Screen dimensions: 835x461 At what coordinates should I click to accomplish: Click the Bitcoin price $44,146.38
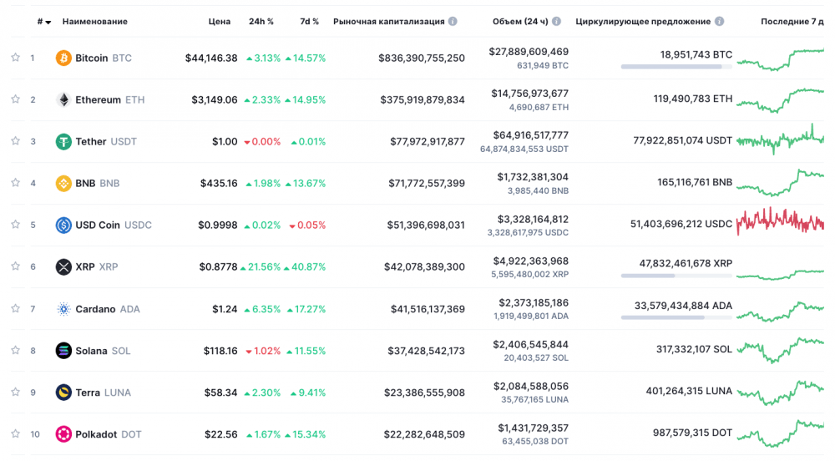click(211, 58)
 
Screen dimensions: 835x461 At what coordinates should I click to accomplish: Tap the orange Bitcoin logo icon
click(63, 58)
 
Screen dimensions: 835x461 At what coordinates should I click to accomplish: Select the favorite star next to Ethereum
click(15, 99)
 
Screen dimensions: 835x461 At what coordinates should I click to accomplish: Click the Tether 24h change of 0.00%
click(262, 142)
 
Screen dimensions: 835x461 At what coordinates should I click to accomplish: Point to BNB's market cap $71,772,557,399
click(427, 183)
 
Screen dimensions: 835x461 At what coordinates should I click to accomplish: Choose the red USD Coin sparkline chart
click(780, 221)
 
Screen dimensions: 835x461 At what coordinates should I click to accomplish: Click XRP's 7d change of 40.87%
click(305, 266)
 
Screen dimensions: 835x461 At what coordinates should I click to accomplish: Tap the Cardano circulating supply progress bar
click(676, 317)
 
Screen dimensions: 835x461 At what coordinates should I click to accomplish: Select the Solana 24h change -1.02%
click(262, 351)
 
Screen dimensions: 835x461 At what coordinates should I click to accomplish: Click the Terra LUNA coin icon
click(63, 393)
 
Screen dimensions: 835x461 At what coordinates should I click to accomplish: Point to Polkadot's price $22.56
click(221, 434)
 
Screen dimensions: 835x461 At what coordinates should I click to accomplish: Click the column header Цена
click(220, 21)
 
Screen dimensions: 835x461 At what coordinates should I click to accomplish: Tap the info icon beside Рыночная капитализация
click(453, 21)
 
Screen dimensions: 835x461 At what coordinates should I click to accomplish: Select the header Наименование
click(95, 21)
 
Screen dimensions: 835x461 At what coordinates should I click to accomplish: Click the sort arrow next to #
click(48, 23)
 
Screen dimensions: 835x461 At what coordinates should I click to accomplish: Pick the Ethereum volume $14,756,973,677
click(530, 94)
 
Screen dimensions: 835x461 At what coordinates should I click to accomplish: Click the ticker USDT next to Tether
click(124, 142)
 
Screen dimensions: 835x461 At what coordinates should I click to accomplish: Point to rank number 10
click(34, 434)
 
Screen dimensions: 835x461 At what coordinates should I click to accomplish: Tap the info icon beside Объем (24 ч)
click(556, 21)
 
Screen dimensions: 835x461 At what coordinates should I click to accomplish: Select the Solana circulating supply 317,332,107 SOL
click(694, 349)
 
